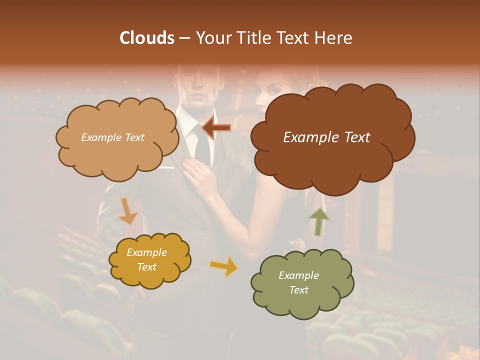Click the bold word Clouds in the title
tap(147, 38)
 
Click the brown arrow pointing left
tap(216, 128)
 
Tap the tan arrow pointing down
tap(127, 211)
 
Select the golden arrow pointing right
tap(224, 266)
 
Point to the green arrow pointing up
tap(319, 221)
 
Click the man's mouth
tap(198, 96)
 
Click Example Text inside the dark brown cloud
tap(326, 137)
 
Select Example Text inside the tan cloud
tap(112, 137)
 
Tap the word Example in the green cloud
tap(298, 275)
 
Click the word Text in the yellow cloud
tap(146, 267)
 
